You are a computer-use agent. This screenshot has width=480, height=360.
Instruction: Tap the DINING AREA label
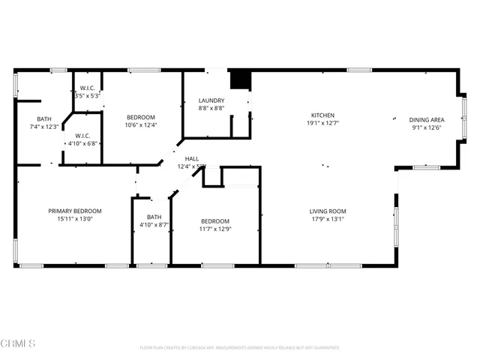point(427,120)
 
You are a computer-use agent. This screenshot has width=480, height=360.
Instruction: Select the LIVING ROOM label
point(328,211)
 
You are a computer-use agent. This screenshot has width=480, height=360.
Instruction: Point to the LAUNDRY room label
point(211,100)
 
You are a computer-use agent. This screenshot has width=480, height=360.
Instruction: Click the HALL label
point(192,158)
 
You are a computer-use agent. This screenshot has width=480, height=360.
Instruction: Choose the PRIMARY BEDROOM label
point(75,211)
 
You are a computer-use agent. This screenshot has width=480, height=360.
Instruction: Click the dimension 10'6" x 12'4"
point(141,124)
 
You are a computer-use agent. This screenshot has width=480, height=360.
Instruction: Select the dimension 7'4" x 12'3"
point(44,127)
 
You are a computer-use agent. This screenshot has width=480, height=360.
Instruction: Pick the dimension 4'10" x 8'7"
point(152,224)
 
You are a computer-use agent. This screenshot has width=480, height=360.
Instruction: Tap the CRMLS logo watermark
point(19,343)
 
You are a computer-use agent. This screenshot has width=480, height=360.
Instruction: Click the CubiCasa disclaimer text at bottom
point(239,347)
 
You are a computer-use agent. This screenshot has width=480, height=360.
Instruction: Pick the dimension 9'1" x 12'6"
point(427,127)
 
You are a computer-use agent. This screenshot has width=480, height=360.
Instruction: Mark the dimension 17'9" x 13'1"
point(328,219)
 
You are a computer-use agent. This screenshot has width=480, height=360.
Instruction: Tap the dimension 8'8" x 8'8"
point(211,109)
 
